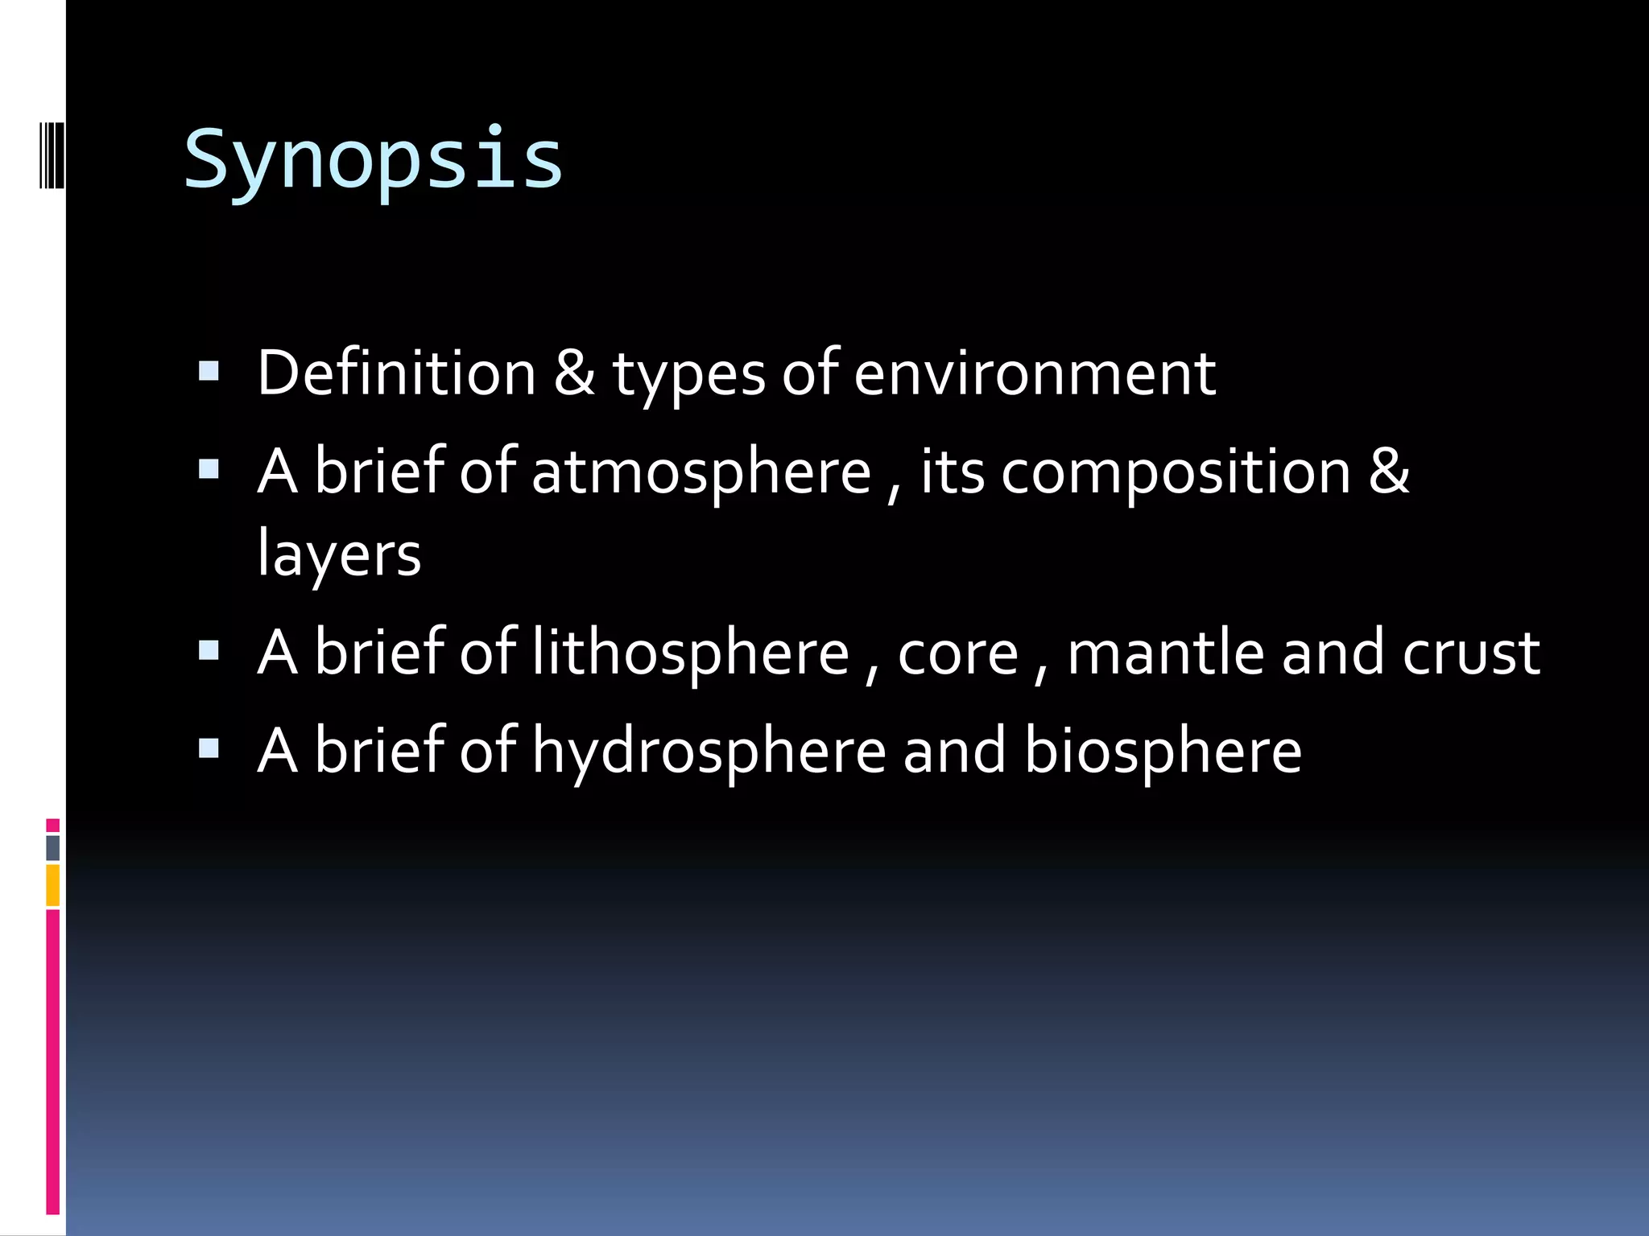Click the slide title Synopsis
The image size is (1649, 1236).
click(373, 159)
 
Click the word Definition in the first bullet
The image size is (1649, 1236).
click(396, 373)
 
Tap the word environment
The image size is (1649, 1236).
click(1034, 373)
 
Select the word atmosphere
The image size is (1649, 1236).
click(701, 472)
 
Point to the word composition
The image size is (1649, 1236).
click(1176, 472)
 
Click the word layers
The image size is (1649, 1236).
click(339, 555)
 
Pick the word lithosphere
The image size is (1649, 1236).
click(690, 652)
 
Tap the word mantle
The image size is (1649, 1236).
click(1165, 652)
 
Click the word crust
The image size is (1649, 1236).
click(1471, 653)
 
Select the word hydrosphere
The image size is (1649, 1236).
click(709, 750)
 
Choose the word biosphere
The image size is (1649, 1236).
click(1163, 750)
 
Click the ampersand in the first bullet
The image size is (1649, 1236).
click(574, 373)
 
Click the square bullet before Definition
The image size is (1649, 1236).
click(209, 371)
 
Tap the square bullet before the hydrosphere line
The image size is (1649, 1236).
click(209, 749)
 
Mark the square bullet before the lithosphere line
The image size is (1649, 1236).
click(209, 650)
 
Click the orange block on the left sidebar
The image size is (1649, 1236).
click(52, 885)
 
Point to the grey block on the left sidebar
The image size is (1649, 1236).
click(52, 847)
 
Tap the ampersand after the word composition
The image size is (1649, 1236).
click(1389, 472)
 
